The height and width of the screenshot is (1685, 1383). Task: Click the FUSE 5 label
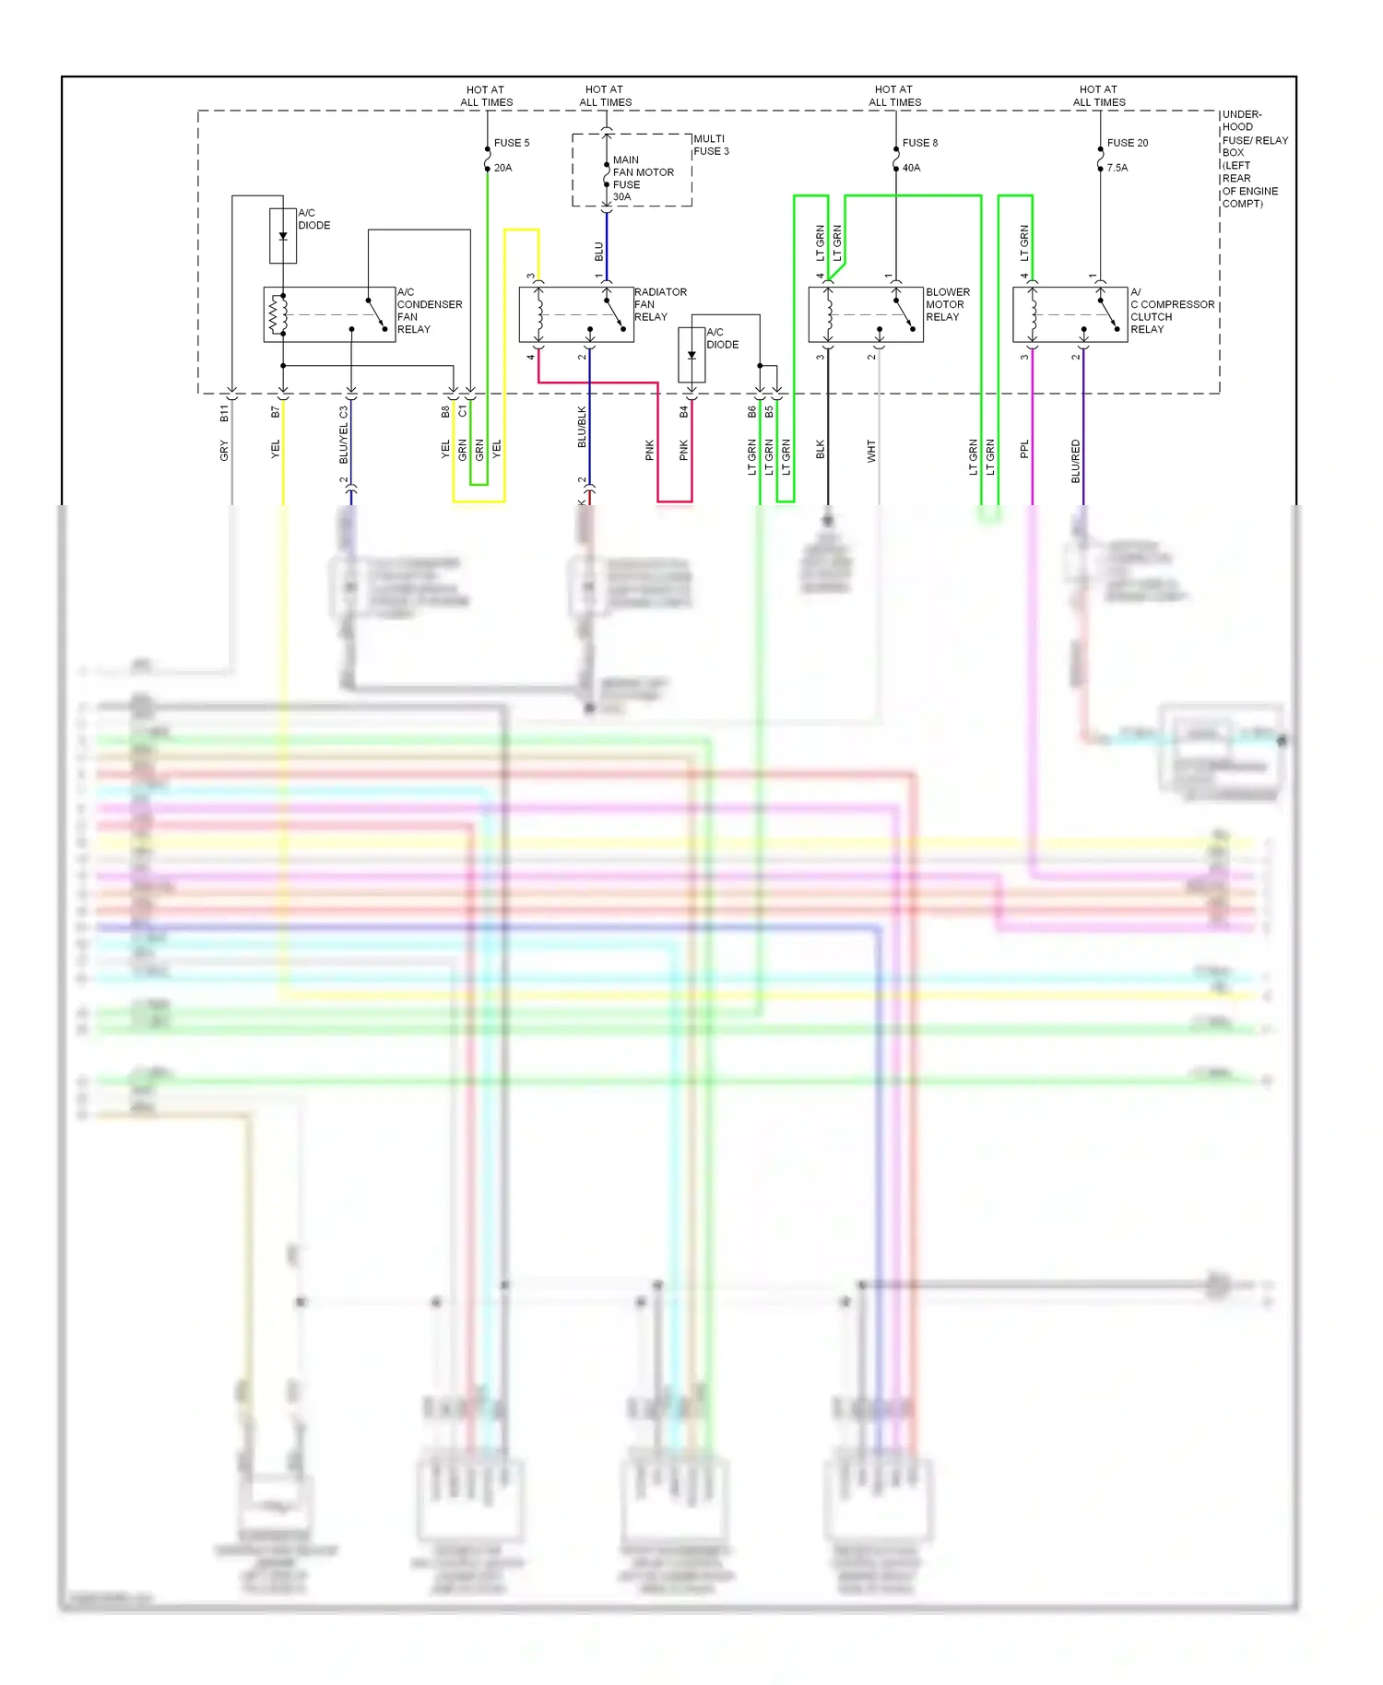[512, 143]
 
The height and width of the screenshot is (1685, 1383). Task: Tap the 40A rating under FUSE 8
[911, 168]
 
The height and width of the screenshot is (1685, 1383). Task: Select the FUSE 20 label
[1128, 143]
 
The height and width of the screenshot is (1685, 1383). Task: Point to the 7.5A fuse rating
[1117, 168]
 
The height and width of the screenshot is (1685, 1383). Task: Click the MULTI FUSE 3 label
[711, 145]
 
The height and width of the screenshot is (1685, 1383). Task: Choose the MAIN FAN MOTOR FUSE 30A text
[643, 178]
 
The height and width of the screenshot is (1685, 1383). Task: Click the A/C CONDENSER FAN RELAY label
[429, 311]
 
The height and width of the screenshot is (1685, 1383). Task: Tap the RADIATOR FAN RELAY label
[660, 304]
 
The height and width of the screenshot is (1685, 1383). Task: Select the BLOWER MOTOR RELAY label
[948, 304]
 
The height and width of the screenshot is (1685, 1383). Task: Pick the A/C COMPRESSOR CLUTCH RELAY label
[1172, 311]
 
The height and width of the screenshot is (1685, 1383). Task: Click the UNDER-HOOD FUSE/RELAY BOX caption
[1254, 159]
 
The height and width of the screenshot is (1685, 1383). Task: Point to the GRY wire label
[224, 451]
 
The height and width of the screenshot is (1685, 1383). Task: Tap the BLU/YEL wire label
[344, 446]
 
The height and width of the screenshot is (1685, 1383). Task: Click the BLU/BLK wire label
[582, 427]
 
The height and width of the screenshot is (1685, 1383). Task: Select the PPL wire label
[1024, 449]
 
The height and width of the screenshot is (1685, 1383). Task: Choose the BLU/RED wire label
[1075, 461]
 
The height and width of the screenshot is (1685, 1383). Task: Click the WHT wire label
[871, 451]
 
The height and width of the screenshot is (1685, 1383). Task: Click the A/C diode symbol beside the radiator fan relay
[691, 355]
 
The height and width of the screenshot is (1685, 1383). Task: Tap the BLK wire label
[821, 450]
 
